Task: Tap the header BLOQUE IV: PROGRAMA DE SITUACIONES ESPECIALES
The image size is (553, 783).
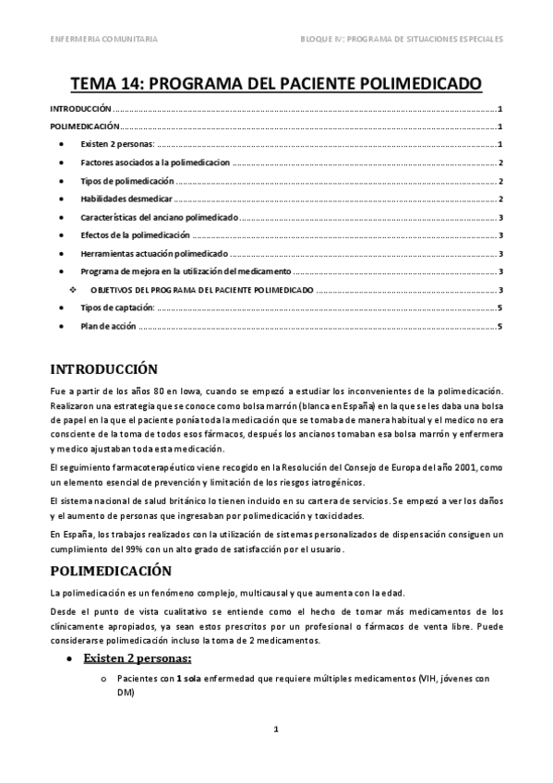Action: (402, 40)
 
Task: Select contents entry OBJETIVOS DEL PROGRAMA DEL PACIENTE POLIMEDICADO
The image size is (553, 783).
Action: (202, 290)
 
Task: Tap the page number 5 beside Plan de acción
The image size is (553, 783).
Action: (499, 326)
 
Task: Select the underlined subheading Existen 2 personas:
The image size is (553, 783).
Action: (138, 658)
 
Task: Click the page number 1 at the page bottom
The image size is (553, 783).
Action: (275, 729)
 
